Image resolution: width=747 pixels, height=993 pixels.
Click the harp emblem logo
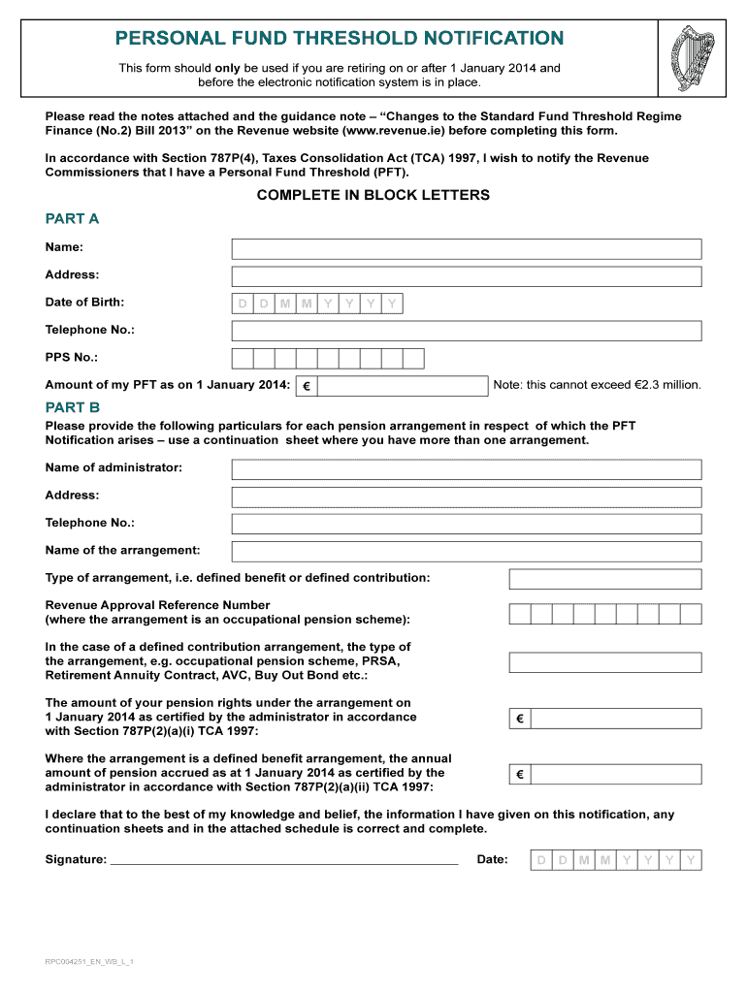point(692,57)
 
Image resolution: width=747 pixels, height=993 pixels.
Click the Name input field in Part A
point(466,249)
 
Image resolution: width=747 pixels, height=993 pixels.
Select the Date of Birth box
point(317,304)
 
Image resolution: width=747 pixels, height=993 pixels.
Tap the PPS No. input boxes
point(328,359)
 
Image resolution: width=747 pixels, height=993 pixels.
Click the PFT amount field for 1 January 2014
point(402,386)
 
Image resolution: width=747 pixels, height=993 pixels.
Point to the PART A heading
point(72,218)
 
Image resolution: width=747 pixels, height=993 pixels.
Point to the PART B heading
point(72,407)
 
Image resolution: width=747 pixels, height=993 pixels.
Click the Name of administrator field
point(466,469)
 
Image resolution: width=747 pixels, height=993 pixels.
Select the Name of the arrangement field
point(466,552)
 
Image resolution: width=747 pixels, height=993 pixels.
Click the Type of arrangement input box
point(604,579)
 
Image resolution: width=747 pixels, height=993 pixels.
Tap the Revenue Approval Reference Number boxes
point(604,613)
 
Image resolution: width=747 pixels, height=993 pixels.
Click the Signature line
point(284,859)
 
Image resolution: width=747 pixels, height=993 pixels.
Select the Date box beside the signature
point(615,860)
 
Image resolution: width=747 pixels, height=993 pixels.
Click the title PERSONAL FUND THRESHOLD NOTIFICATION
point(340,38)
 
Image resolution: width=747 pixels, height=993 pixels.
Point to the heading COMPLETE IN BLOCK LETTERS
point(373,195)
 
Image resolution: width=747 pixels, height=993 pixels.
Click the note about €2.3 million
point(597,385)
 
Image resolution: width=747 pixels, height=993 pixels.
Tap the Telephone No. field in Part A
point(466,332)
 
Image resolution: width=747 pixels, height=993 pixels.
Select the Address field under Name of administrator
point(466,496)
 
